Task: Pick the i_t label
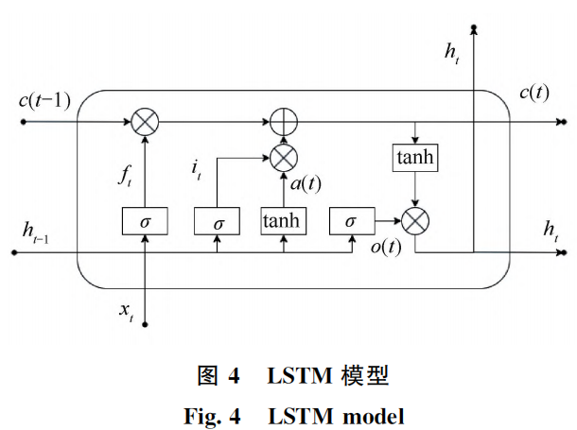click(197, 169)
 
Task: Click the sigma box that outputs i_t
click(219, 222)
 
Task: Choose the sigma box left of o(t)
click(351, 221)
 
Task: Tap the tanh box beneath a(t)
click(284, 221)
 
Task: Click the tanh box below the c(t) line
click(415, 157)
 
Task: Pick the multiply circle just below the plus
click(284, 154)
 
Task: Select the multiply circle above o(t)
click(415, 221)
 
